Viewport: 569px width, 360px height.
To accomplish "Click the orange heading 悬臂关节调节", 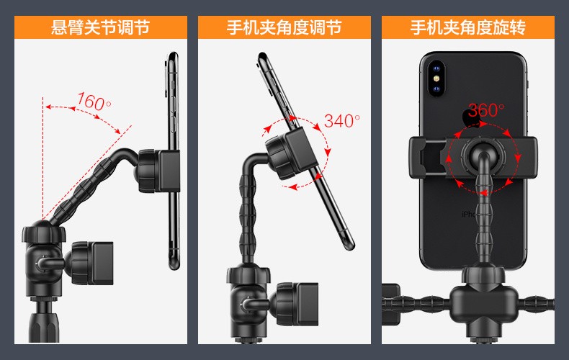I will (100, 28).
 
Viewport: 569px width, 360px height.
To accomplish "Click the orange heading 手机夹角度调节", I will (284, 28).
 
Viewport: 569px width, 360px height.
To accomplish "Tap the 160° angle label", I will (94, 102).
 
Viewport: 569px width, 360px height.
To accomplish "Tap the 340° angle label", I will (341, 120).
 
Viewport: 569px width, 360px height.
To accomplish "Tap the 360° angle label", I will (486, 111).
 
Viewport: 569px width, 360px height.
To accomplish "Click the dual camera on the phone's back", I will (435, 80).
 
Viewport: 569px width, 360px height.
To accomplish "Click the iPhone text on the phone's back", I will (470, 214).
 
